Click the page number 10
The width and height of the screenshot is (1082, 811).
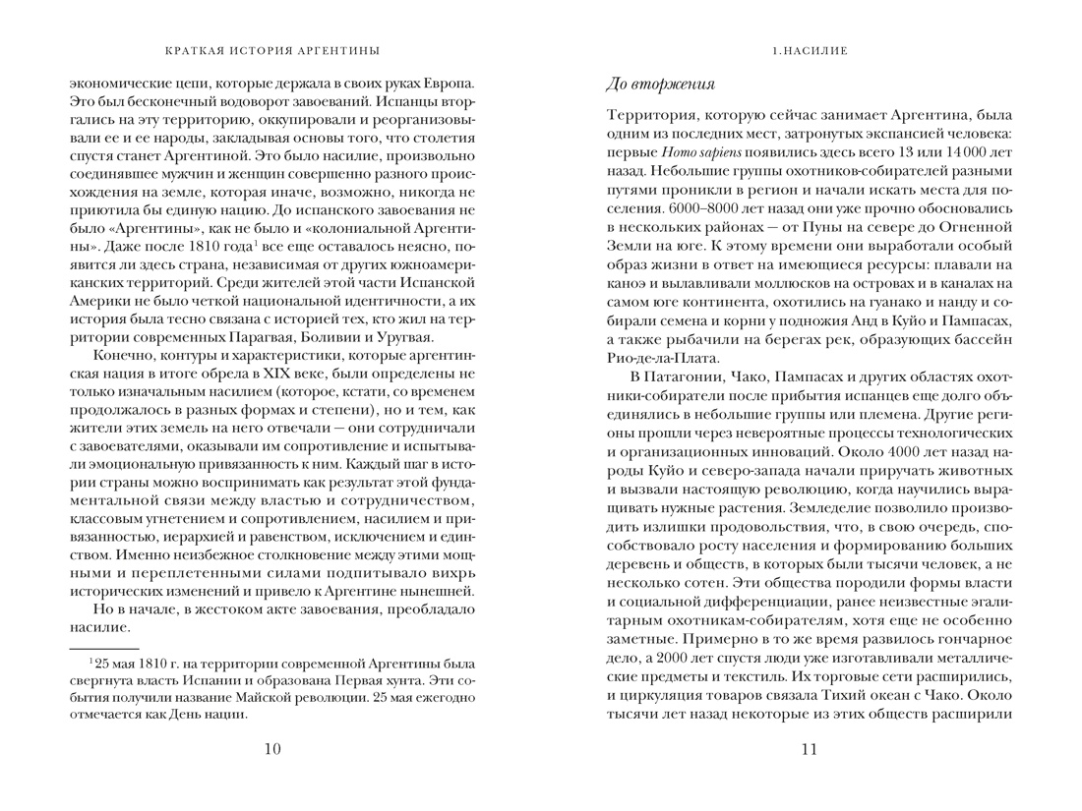[x=272, y=750]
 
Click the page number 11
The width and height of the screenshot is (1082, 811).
[x=809, y=750]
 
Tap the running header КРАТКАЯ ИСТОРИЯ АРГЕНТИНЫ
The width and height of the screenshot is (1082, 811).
[x=272, y=50]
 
